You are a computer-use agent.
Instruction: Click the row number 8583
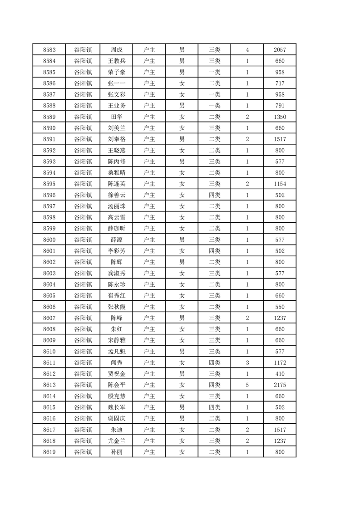pyautogui.click(x=49, y=49)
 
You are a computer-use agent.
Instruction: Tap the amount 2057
pyautogui.click(x=280, y=49)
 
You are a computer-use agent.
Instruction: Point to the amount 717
pyautogui.click(x=280, y=83)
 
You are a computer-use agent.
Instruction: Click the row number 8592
pyautogui.click(x=49, y=150)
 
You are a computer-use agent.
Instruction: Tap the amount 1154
pyautogui.click(x=280, y=184)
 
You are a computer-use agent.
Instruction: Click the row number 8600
pyautogui.click(x=49, y=240)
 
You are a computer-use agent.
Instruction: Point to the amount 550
pyautogui.click(x=280, y=307)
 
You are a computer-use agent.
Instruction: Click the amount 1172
pyautogui.click(x=280, y=362)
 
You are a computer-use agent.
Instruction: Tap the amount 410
pyautogui.click(x=280, y=374)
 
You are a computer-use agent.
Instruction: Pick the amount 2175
pyautogui.click(x=280, y=385)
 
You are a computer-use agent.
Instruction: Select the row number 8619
pyautogui.click(x=49, y=452)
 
